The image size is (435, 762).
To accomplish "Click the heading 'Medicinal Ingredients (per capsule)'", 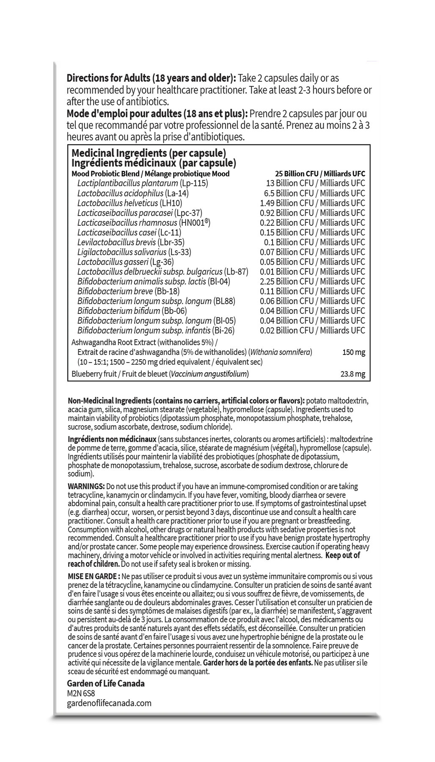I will coord(149,153).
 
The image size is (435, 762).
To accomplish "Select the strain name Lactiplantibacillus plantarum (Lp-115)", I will coord(143,183).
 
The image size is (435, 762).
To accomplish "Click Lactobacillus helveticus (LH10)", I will coord(129,203).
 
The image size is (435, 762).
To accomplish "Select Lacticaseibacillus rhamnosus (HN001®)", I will coord(144,223).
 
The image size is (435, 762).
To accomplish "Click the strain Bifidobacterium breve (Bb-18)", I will coord(128,291).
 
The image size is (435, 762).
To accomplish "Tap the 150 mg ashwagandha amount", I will coord(353,352).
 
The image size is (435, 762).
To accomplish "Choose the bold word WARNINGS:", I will coord(86,486).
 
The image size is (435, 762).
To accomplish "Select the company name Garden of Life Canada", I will coord(106,684).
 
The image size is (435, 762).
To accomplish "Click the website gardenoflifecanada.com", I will coord(109,703).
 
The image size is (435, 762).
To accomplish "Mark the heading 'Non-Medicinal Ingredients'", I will coord(110,401).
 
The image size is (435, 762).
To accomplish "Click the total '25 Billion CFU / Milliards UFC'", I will coord(319,174).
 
